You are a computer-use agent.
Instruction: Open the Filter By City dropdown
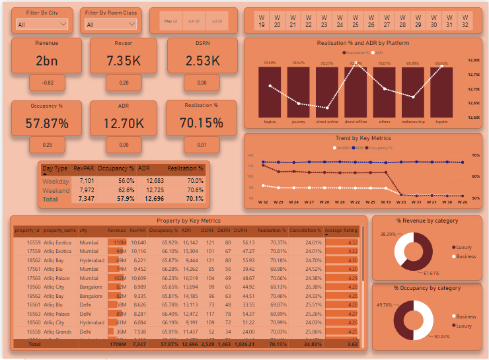tap(42, 24)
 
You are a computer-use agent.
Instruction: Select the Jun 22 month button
tap(194, 21)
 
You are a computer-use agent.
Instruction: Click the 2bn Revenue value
tap(47, 61)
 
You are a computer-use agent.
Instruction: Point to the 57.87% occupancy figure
tap(47, 123)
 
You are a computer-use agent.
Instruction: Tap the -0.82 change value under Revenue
tap(47, 83)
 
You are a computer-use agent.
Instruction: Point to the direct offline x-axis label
tap(356, 122)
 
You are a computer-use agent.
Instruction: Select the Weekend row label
tap(56, 190)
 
